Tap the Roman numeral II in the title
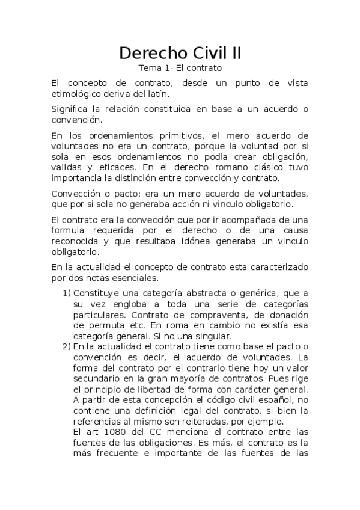pos(234,53)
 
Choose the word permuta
pos(94,325)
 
